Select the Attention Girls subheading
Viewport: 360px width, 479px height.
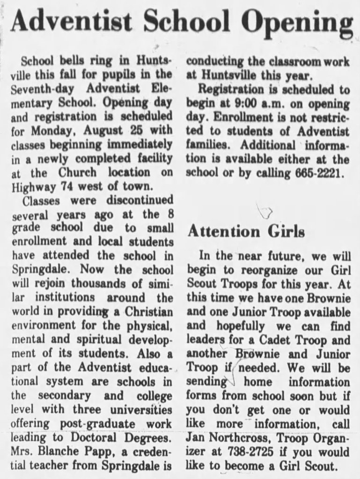click(246, 231)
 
